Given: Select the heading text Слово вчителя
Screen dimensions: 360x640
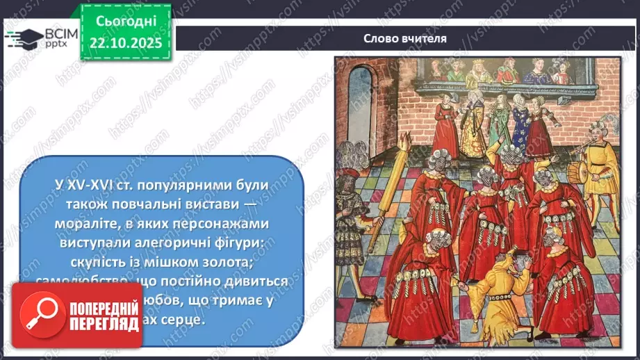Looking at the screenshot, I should click(x=404, y=38).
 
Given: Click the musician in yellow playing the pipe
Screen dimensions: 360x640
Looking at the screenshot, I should click(x=601, y=167).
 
